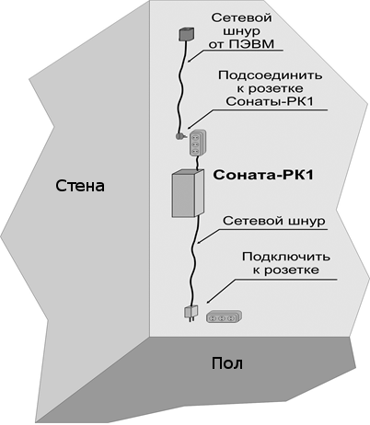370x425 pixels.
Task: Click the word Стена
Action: pyautogui.click(x=80, y=186)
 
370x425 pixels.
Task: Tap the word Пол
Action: pyautogui.click(x=227, y=363)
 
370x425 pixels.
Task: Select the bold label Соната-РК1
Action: pyautogui.click(x=263, y=175)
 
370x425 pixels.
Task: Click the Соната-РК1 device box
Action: pyautogui.click(x=188, y=193)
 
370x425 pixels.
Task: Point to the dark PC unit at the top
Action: pyautogui.click(x=187, y=34)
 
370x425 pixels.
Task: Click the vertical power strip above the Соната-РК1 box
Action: pyautogui.click(x=198, y=144)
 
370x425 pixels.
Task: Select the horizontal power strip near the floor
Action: pyautogui.click(x=224, y=316)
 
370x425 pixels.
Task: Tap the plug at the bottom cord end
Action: pyautogui.click(x=191, y=314)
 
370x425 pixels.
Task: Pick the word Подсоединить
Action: pyautogui.click(x=270, y=75)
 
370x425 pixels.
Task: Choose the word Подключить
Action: pyautogui.click(x=286, y=257)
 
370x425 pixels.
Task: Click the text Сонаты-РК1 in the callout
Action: pyautogui.click(x=270, y=102)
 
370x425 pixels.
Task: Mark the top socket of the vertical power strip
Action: pyautogui.click(x=195, y=136)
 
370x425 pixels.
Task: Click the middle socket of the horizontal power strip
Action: pyautogui.click(x=221, y=319)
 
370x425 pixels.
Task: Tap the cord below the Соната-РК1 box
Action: pyautogui.click(x=194, y=260)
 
